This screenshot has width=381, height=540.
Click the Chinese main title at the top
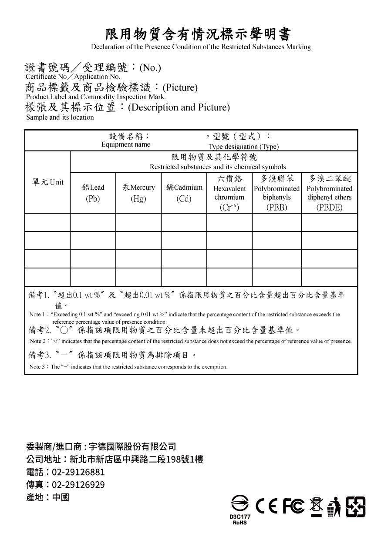tap(198, 34)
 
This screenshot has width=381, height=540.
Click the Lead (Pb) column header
tap(93, 193)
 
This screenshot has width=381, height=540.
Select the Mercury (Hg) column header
tap(138, 193)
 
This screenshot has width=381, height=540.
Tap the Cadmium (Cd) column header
tap(184, 193)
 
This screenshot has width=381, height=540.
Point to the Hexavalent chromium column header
tap(229, 193)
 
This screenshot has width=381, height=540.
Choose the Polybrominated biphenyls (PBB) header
tap(276, 193)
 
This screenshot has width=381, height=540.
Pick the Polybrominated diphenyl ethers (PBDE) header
tap(329, 193)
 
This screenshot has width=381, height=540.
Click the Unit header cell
tap(47, 182)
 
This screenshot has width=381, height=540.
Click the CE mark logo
tap(266, 506)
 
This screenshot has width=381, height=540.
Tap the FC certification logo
tap(293, 506)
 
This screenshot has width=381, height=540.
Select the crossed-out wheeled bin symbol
tap(316, 506)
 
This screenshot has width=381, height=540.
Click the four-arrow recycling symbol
tap(355, 506)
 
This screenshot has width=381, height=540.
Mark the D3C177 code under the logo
tap(240, 517)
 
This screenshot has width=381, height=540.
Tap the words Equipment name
tap(125, 144)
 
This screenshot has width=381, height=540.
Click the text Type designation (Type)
tap(243, 147)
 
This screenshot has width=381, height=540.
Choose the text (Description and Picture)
tap(179, 107)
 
